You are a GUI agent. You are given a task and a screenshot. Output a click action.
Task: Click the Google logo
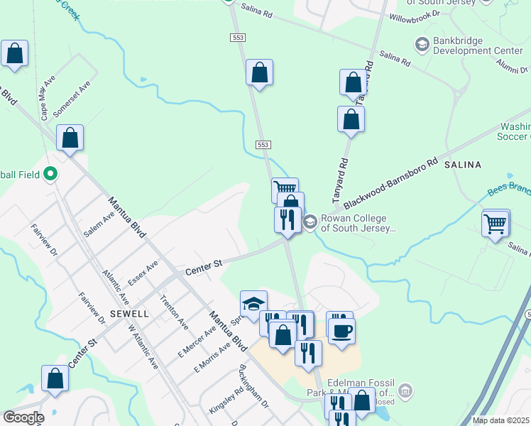(23, 417)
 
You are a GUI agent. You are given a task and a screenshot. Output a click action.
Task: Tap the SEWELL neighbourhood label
(129, 313)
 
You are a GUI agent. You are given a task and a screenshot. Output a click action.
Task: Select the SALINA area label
(462, 165)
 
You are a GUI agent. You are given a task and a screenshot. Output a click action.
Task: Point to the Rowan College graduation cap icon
(310, 222)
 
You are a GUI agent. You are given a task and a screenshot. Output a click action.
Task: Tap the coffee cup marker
(341, 330)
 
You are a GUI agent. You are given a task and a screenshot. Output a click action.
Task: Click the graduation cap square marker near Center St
(253, 305)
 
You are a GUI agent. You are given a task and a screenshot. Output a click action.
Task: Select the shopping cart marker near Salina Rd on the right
(495, 224)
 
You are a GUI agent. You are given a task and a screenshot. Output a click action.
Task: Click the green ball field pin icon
(50, 173)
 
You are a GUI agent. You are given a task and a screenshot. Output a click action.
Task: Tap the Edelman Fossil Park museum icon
(405, 390)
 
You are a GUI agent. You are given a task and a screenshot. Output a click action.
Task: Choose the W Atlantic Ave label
(142, 346)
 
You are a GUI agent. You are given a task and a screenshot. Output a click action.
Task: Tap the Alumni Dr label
(513, 66)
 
